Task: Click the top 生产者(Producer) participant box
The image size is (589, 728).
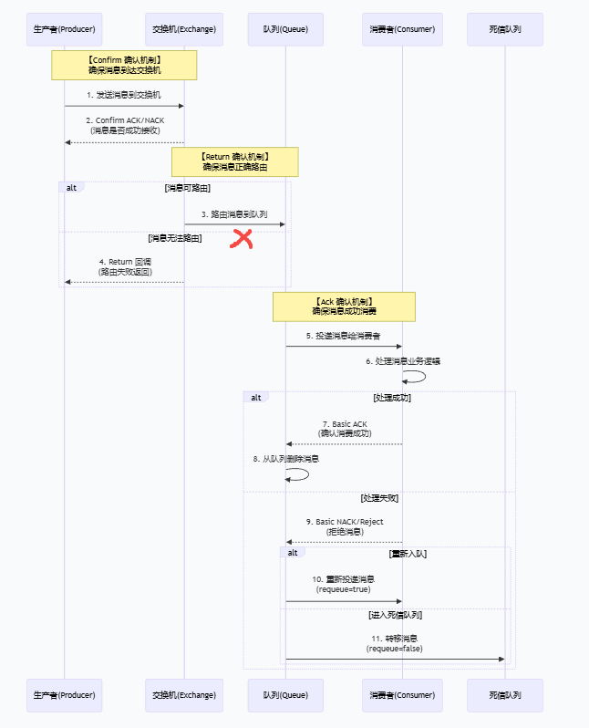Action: [64, 29]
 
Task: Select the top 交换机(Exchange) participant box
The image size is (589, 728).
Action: [184, 29]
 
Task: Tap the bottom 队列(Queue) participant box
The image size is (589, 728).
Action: [285, 695]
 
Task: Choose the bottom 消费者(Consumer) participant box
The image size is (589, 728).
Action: [402, 695]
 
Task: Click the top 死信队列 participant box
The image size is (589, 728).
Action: [504, 29]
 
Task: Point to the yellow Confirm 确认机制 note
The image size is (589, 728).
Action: [124, 65]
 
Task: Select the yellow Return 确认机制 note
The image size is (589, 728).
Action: [235, 162]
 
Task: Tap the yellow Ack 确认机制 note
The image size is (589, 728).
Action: [344, 307]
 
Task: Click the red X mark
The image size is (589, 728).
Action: [242, 240]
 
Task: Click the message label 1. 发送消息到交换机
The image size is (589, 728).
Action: [124, 95]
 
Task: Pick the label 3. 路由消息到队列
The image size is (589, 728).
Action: [234, 214]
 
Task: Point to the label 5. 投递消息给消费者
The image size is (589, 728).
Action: [344, 336]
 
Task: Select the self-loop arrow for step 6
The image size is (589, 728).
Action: [416, 376]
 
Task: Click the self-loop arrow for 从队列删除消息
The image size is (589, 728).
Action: [299, 473]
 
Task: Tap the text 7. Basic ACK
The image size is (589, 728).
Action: [344, 424]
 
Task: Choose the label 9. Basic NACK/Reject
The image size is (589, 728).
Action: [344, 522]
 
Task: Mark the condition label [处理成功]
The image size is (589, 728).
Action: [391, 398]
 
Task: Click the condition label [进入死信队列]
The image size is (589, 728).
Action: [395, 615]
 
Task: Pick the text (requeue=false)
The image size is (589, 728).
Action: [394, 649]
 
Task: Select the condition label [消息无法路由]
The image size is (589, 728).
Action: [175, 237]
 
